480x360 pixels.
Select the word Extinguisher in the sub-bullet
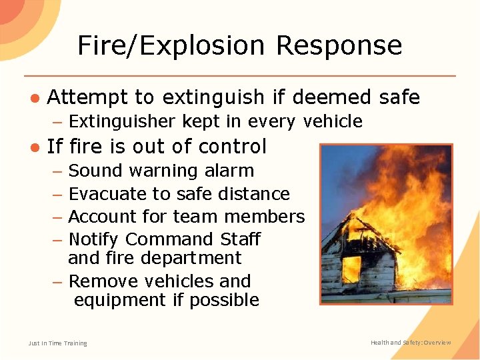coord(123,121)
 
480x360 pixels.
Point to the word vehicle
coord(333,121)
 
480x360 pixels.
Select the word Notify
coord(93,239)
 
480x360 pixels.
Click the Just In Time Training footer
coord(57,343)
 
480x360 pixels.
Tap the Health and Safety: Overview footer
coord(411,343)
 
